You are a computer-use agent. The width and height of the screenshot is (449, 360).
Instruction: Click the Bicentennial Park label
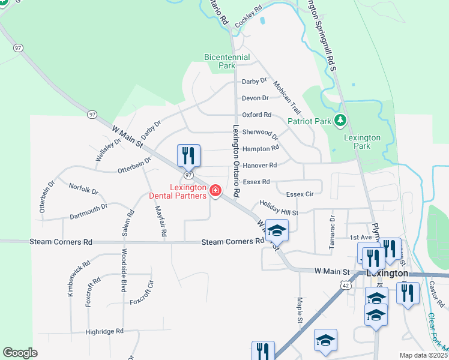(x=227, y=61)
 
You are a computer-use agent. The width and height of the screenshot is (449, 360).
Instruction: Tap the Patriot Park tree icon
(x=340, y=121)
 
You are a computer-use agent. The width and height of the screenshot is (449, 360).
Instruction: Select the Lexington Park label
(x=362, y=142)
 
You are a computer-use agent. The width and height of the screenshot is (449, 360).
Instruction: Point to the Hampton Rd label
(x=261, y=148)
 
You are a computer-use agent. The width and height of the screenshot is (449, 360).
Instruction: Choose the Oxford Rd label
(x=256, y=115)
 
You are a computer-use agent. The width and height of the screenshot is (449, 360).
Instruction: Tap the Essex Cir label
(x=300, y=194)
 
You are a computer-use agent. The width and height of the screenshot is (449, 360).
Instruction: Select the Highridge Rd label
(x=104, y=331)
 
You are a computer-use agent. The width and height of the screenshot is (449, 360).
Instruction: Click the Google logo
(x=20, y=353)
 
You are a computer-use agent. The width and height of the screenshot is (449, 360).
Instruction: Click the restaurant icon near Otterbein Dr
(x=189, y=156)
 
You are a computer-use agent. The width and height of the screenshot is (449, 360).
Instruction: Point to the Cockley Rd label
(x=249, y=16)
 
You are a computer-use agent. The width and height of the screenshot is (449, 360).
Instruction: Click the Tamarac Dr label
(x=331, y=225)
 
